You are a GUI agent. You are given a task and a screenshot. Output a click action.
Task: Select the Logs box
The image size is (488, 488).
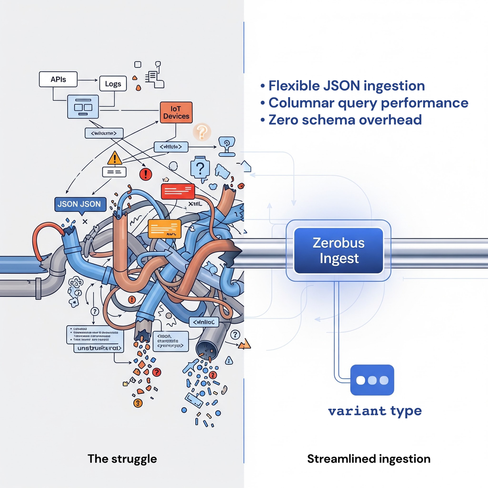point(113,84)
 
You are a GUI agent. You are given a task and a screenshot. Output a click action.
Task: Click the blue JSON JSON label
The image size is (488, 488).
point(79,204)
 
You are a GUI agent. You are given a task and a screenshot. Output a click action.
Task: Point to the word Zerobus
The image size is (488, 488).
point(339,243)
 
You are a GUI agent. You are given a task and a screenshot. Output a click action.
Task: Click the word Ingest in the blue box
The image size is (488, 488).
point(339,258)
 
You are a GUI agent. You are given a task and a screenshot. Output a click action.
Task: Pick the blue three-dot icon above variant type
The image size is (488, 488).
point(372,380)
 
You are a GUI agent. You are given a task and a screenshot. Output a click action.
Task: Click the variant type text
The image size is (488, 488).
point(375,411)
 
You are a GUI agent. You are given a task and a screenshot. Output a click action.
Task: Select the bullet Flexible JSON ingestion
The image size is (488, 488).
point(341,86)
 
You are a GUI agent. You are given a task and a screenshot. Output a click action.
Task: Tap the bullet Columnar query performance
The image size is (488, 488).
point(363,103)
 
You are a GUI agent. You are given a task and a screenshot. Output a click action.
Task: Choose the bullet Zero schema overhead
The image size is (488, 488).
point(340,120)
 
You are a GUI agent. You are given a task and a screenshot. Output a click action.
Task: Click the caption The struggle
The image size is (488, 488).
point(122,459)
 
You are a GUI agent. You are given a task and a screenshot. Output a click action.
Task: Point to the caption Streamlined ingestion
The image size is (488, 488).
point(369,459)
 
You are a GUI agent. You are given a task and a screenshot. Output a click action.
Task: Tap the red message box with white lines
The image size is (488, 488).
point(177,191)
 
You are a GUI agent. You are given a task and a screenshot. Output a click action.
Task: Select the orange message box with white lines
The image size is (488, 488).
point(164,228)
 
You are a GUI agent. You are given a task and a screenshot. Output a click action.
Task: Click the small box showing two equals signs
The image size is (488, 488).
point(114,172)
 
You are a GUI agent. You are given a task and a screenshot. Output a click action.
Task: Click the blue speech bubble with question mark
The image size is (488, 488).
point(199,168)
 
